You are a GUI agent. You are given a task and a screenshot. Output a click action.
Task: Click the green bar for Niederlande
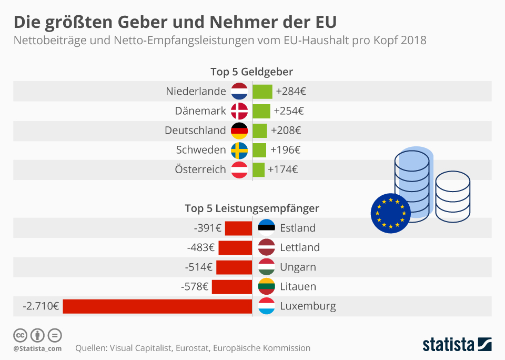[x=262, y=91]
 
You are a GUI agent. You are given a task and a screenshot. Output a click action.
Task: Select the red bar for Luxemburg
[x=157, y=306]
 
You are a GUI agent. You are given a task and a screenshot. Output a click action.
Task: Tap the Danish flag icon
[x=239, y=111]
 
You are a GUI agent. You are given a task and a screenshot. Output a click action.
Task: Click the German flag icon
[x=239, y=131]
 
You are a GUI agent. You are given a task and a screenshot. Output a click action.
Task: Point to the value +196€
[x=285, y=150]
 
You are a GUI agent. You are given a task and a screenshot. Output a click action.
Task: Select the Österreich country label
[x=200, y=169]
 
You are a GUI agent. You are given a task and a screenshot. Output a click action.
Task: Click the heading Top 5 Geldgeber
[x=251, y=72]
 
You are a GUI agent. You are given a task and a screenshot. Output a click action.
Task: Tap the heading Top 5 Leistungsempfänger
[x=251, y=208]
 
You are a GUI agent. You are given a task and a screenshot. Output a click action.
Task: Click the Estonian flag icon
[x=267, y=228]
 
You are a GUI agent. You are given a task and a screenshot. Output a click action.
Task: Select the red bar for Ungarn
[x=234, y=267]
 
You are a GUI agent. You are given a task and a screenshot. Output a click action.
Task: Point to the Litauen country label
[x=298, y=287]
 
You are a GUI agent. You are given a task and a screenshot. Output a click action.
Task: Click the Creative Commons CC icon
[x=20, y=335]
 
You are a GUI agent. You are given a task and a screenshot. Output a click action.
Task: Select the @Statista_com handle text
[x=37, y=348]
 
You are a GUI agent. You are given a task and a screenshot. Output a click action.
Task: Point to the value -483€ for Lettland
[x=200, y=247]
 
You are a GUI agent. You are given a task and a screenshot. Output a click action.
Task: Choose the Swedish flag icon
[x=239, y=150]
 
